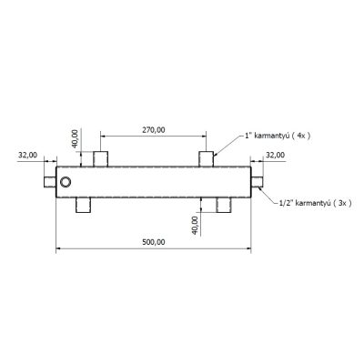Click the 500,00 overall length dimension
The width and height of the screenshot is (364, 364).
(x=154, y=242)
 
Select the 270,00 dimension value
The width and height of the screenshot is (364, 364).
(x=154, y=130)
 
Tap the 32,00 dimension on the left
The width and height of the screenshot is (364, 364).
(x=27, y=155)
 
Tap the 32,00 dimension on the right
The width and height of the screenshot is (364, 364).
(x=276, y=155)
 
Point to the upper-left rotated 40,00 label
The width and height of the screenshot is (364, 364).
(x=75, y=138)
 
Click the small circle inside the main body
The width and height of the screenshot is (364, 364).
(x=66, y=182)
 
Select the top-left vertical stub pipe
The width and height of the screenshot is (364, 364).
(x=100, y=159)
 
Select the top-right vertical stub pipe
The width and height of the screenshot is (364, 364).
(x=207, y=159)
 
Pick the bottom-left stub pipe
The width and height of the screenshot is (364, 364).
(x=83, y=205)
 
